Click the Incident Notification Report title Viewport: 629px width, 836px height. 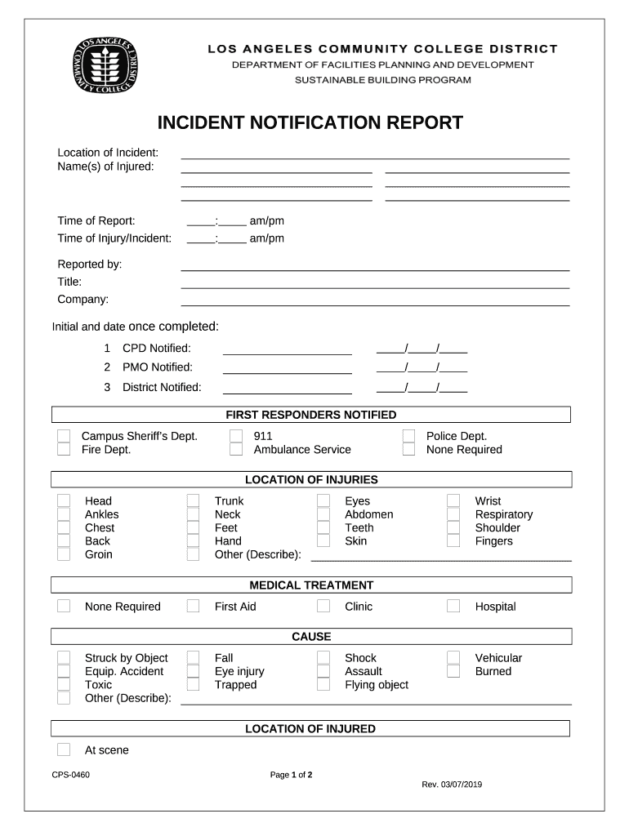click(310, 123)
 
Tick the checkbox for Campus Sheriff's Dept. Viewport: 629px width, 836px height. click(64, 436)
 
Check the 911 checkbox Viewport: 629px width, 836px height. click(236, 436)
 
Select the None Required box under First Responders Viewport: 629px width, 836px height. click(408, 450)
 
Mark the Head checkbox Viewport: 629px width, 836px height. click(64, 501)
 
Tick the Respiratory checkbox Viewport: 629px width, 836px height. click(453, 514)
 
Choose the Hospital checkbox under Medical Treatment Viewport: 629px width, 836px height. click(453, 607)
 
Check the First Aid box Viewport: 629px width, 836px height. click(193, 607)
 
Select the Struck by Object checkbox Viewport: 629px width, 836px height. click(64, 658)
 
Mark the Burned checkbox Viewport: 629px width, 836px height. click(453, 671)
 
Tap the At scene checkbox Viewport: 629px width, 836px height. click(64, 750)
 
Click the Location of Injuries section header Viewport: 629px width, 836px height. click(311, 480)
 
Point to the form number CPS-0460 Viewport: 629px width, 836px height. click(70, 775)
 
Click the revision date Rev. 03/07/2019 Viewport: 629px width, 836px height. click(452, 785)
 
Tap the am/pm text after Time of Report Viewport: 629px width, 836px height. click(266, 221)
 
